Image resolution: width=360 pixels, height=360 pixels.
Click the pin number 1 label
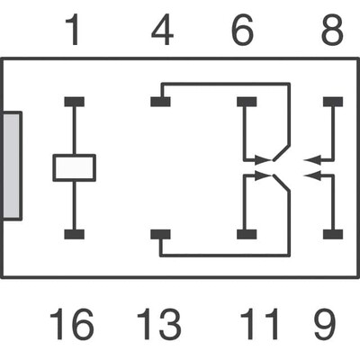tap(72, 32)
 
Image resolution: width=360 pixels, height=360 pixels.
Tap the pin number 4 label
tap(162, 32)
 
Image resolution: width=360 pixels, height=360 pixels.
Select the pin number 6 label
tap(242, 32)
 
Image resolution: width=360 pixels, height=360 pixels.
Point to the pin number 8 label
tap(332, 32)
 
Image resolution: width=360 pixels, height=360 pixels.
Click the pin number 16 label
tap(71, 325)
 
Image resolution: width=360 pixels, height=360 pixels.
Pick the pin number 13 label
tap(158, 325)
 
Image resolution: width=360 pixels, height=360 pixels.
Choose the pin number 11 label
tap(256, 325)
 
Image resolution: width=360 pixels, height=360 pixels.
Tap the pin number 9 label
tap(332, 325)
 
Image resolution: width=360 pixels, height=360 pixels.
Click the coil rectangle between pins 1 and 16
tap(74, 167)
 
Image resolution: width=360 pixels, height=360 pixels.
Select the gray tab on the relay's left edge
tap(12, 166)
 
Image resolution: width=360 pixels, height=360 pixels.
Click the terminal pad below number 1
tap(74, 101)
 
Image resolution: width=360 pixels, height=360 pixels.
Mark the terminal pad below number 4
tap(160, 101)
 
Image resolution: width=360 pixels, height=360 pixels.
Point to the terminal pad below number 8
tap(333, 101)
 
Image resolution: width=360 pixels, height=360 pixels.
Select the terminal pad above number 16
tap(74, 234)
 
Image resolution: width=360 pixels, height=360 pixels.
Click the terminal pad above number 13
tap(160, 234)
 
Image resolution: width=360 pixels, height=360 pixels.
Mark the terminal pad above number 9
tap(333, 234)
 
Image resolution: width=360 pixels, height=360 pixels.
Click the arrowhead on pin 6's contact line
tap(262, 159)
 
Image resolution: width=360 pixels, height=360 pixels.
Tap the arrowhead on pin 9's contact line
tap(311, 175)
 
